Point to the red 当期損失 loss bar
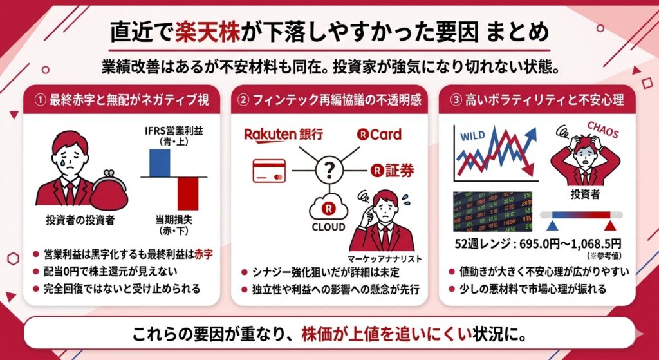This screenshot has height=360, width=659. coord(188,193)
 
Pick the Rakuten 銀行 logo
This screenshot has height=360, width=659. coord(283,135)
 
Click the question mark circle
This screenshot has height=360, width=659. coord(329,170)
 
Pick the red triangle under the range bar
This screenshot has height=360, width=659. coord(609,226)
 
